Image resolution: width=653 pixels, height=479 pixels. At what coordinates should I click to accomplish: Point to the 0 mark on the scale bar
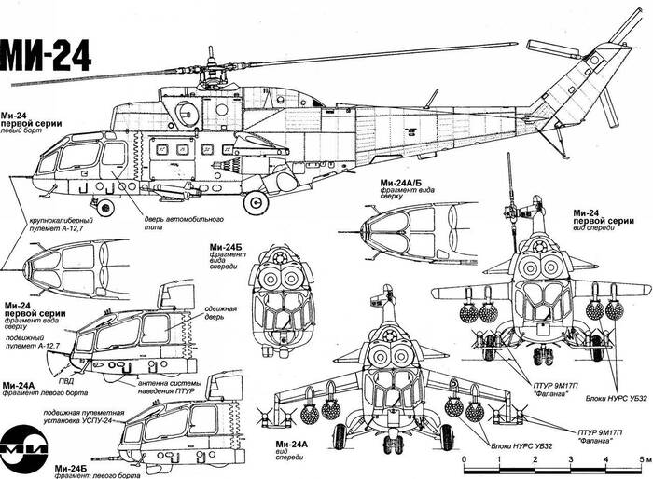(x=465, y=460)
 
